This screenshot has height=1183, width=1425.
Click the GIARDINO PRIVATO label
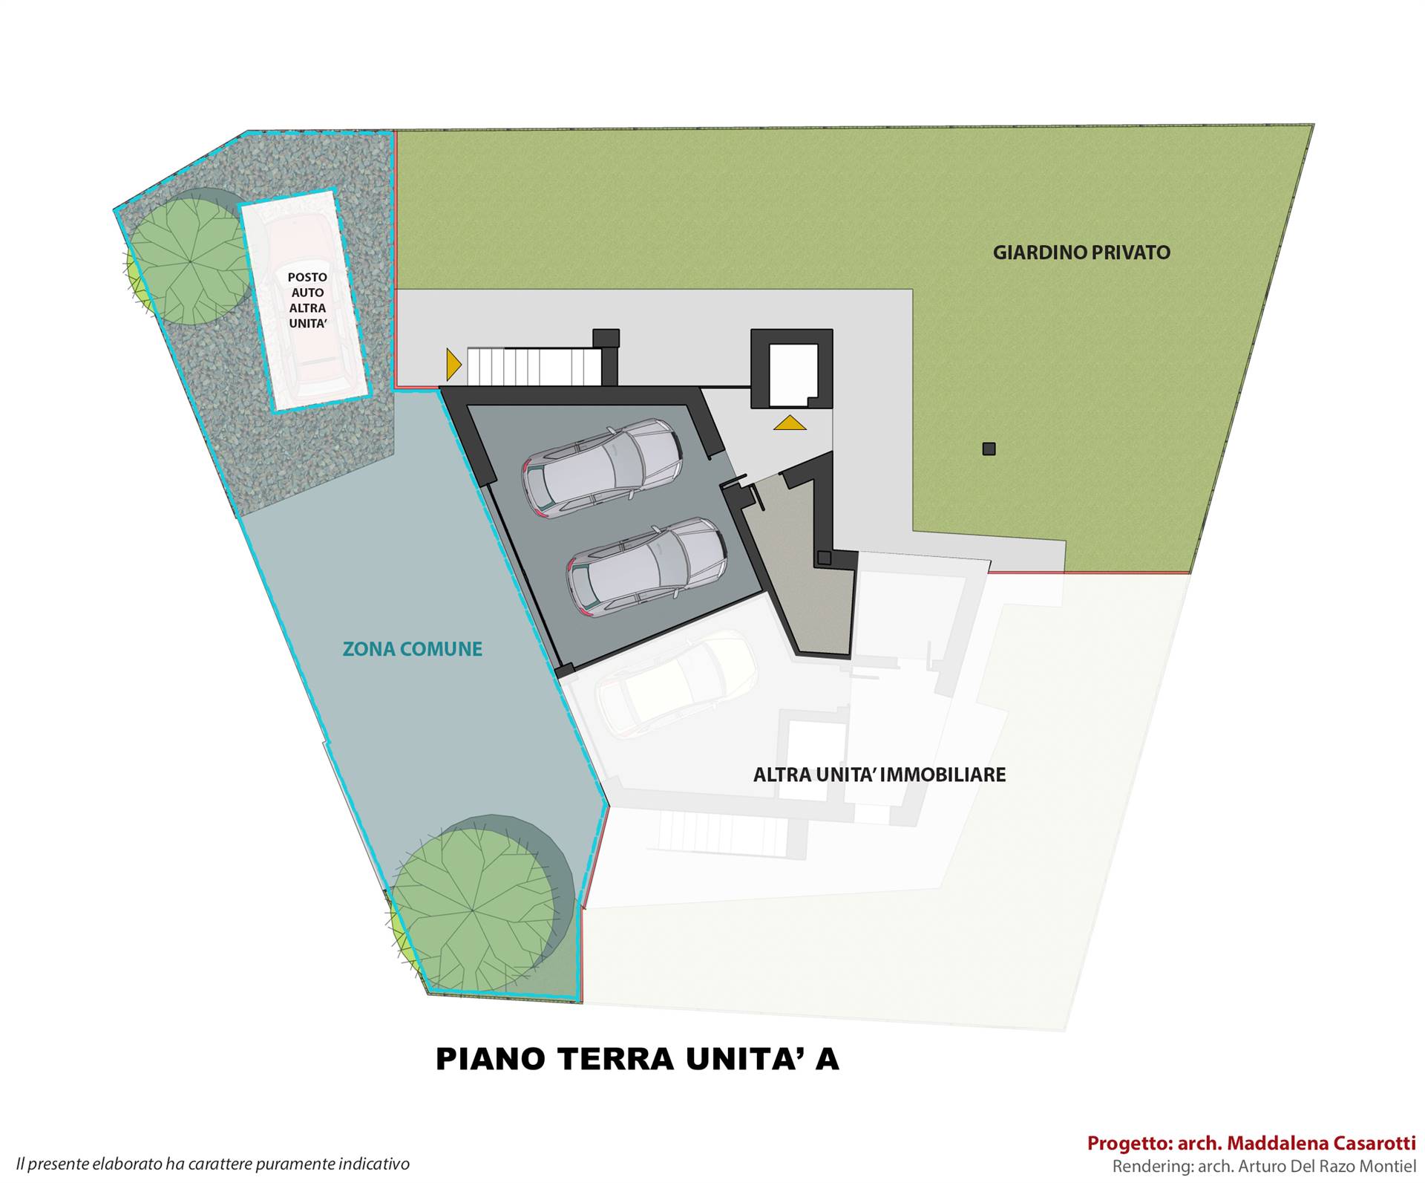[1081, 252]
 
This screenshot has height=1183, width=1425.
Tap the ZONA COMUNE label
[413, 649]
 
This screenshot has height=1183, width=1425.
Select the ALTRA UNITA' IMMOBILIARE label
[879, 775]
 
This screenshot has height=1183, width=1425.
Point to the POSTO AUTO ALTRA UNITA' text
[308, 300]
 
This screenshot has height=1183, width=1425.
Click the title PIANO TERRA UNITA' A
[637, 1059]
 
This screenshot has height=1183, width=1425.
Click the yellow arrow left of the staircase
[453, 365]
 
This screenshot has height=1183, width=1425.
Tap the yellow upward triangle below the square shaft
[790, 423]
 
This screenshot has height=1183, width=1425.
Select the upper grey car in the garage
[602, 467]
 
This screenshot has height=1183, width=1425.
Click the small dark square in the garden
[989, 449]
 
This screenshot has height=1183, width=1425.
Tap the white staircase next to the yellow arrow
[534, 367]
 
